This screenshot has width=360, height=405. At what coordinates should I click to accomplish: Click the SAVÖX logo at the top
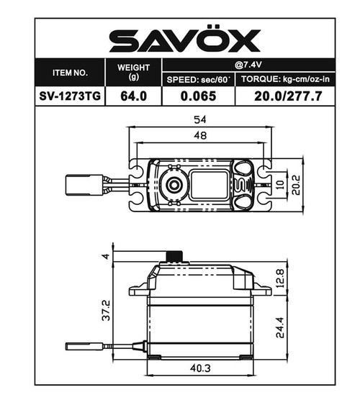pyautogui.click(x=184, y=41)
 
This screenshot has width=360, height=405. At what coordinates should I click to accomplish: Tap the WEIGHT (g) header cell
pyautogui.click(x=132, y=72)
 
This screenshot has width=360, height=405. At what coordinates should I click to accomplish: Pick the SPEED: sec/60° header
pyautogui.click(x=197, y=79)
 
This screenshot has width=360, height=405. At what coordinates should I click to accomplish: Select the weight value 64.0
pyautogui.click(x=132, y=96)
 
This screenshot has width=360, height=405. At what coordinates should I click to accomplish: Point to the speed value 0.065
pyautogui.click(x=197, y=96)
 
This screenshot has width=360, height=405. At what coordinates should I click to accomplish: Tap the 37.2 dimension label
pyautogui.click(x=105, y=311)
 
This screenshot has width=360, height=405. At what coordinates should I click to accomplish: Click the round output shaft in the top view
pyautogui.click(x=173, y=185)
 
